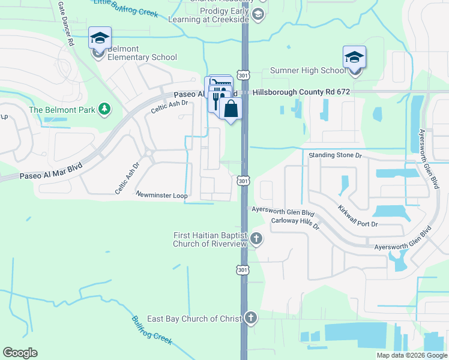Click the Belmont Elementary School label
(x=142, y=53)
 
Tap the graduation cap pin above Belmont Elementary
(x=100, y=38)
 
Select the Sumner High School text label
(x=309, y=71)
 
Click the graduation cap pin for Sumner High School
(x=355, y=58)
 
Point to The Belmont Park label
(x=62, y=110)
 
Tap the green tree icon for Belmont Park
(x=105, y=109)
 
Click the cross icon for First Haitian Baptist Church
(x=256, y=239)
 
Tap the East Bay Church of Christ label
(x=194, y=319)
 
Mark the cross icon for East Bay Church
(x=250, y=318)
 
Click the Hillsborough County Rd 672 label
(x=301, y=93)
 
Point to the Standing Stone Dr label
(x=336, y=155)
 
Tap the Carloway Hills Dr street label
(x=295, y=223)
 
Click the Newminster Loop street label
(x=162, y=196)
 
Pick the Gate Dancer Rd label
(x=65, y=23)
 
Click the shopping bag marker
(x=230, y=109)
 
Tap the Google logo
(x=20, y=353)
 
